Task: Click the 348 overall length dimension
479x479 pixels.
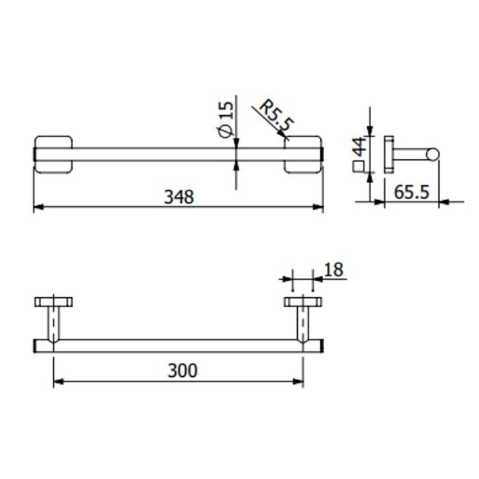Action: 179,197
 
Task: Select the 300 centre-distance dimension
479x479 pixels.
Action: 183,371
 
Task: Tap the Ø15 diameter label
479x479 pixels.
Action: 227,119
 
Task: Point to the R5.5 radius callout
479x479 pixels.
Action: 277,115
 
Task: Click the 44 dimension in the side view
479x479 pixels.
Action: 359,147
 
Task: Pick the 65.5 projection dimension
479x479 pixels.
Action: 412,192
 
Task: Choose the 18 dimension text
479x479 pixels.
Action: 333,269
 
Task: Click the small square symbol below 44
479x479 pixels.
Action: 358,167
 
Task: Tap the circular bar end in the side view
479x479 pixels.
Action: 433,154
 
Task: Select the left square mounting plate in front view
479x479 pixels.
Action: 53,155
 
